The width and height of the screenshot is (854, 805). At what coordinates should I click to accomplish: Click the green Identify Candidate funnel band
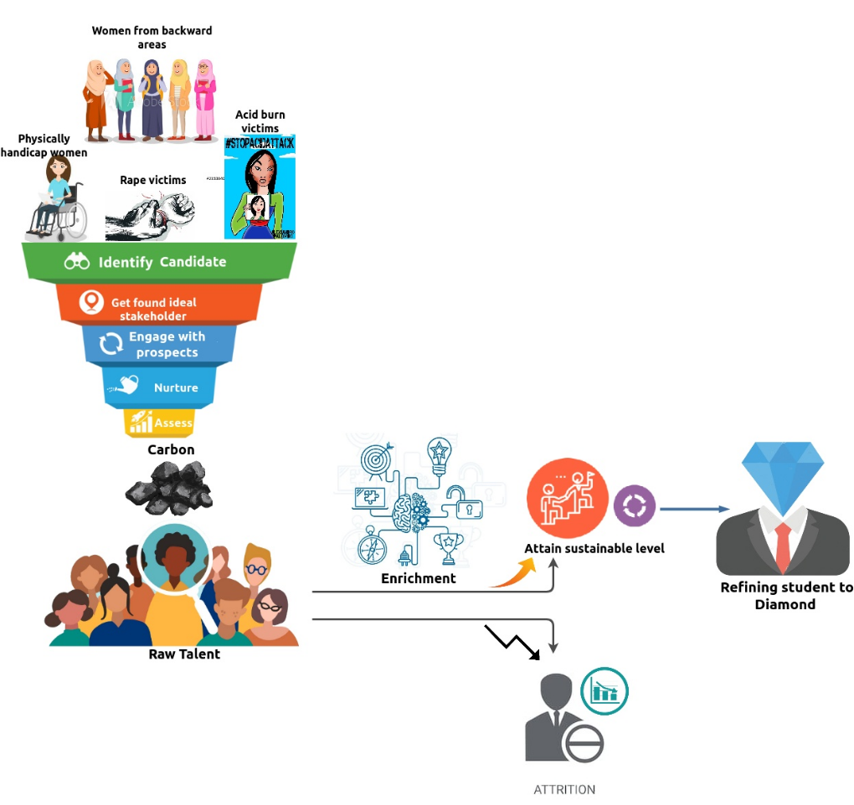[159, 262]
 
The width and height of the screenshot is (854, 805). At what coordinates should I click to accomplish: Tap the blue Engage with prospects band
[159, 343]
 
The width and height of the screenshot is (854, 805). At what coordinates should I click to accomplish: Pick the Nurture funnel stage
[159, 387]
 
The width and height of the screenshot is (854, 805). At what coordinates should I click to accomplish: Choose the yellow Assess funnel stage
[160, 423]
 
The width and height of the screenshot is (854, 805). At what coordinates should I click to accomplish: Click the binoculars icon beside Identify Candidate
[77, 262]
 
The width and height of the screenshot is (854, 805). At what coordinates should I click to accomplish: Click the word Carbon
[171, 449]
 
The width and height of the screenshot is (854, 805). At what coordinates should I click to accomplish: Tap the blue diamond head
[783, 476]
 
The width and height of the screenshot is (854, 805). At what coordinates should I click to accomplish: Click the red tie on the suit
[783, 544]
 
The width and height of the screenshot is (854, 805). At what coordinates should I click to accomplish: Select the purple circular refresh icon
[633, 507]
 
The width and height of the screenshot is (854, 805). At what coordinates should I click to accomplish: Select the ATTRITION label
[564, 789]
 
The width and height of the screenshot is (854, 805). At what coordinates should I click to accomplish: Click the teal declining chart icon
[604, 691]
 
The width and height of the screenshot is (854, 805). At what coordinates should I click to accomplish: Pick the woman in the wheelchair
[57, 198]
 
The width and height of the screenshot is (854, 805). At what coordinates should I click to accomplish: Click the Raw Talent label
[184, 654]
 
